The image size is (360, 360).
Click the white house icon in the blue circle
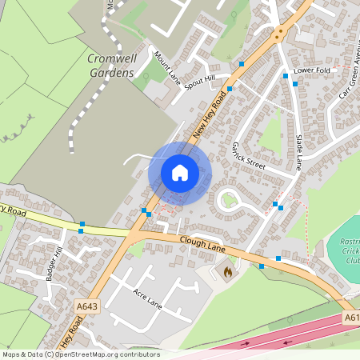pos(179,173)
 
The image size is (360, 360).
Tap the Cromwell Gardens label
pos(110,66)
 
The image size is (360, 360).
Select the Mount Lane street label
pos(169,67)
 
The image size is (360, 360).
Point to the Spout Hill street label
pos(200,82)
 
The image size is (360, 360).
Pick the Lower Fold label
pos(312,70)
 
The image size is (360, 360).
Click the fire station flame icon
pos(227,273)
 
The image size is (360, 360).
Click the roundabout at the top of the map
pos(279,34)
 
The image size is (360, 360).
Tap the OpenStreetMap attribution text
pos(80,354)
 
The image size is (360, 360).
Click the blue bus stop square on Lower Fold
pos(286,76)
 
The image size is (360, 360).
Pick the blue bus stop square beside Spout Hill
pos(230,89)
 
